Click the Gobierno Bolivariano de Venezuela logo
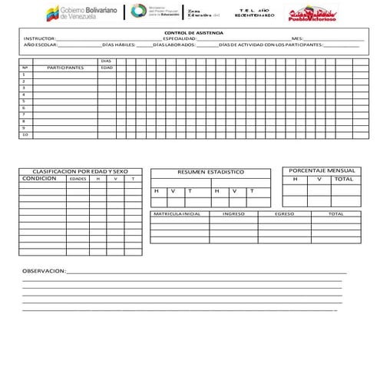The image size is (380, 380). [80, 14]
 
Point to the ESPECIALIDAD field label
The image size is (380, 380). [179, 38]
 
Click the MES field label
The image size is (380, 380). [297, 38]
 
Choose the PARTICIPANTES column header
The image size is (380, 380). [64, 68]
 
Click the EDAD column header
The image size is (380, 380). [107, 68]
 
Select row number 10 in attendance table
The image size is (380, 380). [25, 135]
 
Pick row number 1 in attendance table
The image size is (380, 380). [24, 74]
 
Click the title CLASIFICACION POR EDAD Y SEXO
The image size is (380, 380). [80, 171]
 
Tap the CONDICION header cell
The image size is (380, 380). [39, 178]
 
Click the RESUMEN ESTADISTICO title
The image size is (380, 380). [210, 172]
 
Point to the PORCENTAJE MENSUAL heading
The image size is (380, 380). [322, 170]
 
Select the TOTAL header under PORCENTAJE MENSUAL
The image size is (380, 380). [344, 179]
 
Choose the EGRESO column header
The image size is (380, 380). [284, 214]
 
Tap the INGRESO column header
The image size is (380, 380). [233, 214]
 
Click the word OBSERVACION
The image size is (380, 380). [44, 271]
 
